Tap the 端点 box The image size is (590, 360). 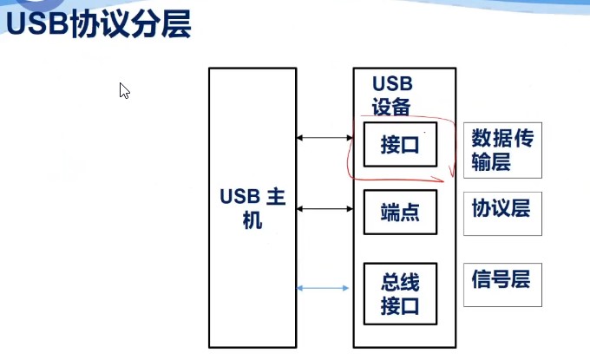[x=399, y=213]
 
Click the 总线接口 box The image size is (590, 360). [x=399, y=292]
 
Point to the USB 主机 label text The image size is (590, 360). [x=252, y=208]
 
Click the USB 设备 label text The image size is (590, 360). [x=391, y=95]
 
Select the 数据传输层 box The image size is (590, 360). [x=502, y=149]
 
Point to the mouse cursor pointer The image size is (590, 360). [x=123, y=89]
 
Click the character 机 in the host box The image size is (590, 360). [x=252, y=221]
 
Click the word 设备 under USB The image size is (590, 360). [x=391, y=106]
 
